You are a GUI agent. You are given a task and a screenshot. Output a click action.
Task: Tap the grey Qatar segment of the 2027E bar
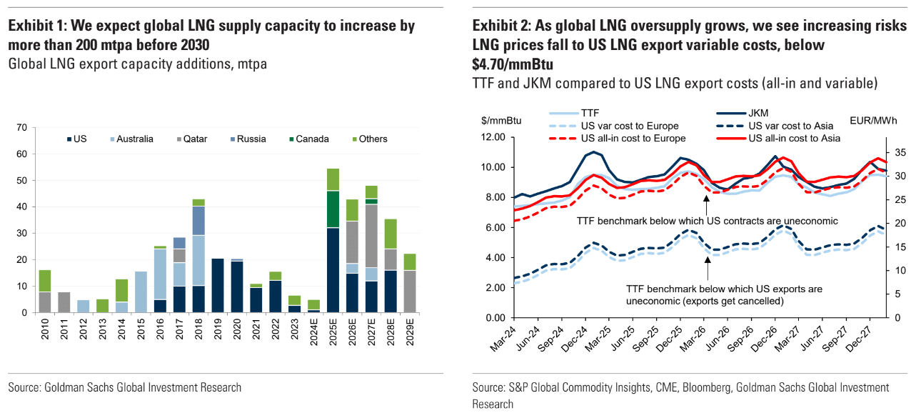tap(371, 236)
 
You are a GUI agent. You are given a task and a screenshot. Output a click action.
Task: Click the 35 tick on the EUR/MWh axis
tap(897, 153)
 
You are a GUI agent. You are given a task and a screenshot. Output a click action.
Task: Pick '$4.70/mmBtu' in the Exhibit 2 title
tap(513, 64)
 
